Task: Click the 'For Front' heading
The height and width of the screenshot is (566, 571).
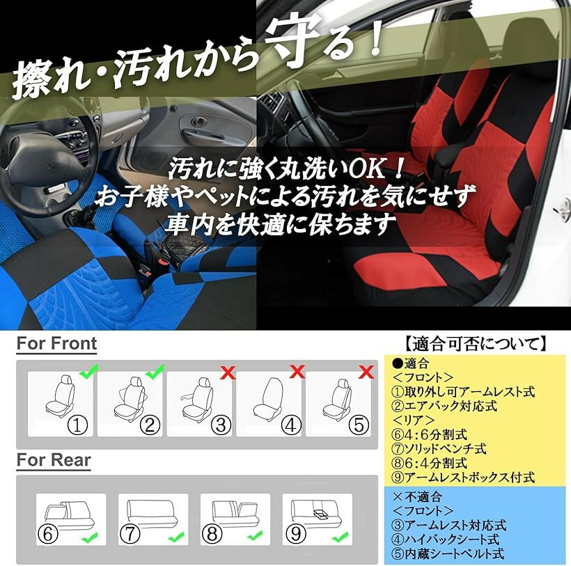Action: (x=57, y=343)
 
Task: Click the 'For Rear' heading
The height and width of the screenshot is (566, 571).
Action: (x=54, y=459)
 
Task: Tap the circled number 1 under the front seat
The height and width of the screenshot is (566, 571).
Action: (x=77, y=425)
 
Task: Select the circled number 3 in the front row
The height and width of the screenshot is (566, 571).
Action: (x=221, y=425)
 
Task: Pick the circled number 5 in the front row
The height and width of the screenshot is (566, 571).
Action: (x=359, y=425)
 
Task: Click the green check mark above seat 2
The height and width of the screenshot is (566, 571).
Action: (x=155, y=371)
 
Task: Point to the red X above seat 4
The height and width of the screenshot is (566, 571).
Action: (x=297, y=372)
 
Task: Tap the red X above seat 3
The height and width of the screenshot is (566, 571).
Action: (x=228, y=372)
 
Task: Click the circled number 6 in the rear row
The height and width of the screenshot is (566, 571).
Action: (x=48, y=534)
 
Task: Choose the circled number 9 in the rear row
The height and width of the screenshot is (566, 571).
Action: (x=296, y=534)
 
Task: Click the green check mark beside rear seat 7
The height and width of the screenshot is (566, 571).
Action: (x=176, y=537)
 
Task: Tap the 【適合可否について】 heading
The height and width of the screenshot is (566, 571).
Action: (x=476, y=344)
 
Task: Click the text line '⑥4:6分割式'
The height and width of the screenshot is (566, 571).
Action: (x=429, y=434)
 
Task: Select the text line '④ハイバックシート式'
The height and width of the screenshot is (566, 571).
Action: (x=445, y=540)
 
